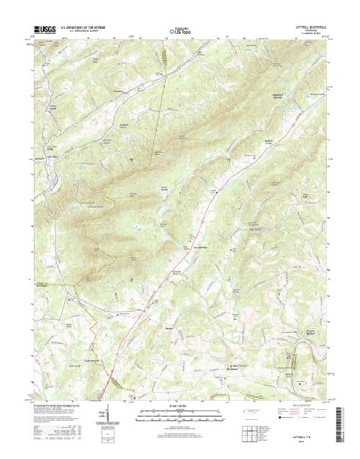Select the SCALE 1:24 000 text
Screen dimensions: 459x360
click(179, 404)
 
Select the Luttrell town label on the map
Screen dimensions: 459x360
click(215, 190)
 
